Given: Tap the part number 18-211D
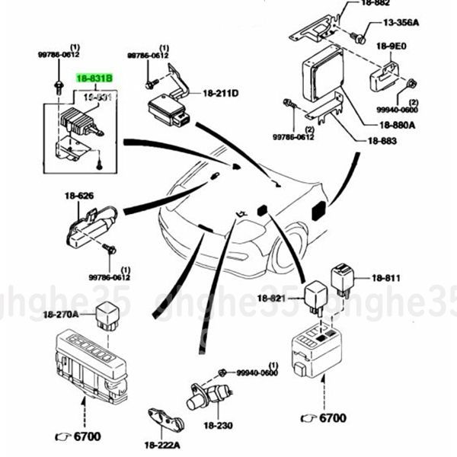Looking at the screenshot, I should pyautogui.click(x=221, y=93).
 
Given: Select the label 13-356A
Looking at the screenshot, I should pyautogui.click(x=401, y=23).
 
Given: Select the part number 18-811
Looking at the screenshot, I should pyautogui.click(x=387, y=280).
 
